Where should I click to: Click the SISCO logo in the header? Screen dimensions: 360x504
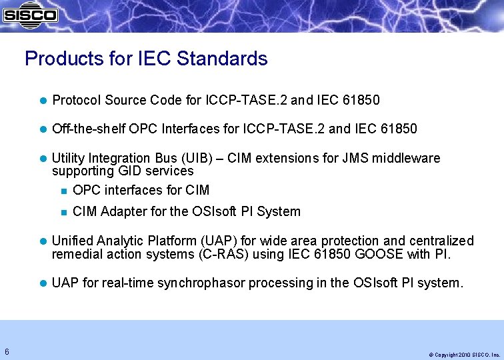pyautogui.click(x=30, y=13)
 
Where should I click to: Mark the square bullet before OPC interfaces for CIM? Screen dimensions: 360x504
pyautogui.click(x=63, y=191)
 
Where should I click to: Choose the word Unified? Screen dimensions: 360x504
pyautogui.click(x=72, y=241)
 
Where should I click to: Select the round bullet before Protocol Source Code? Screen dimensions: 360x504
pyautogui.click(x=43, y=101)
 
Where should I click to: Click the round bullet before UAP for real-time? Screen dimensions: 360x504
pyautogui.click(x=43, y=284)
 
